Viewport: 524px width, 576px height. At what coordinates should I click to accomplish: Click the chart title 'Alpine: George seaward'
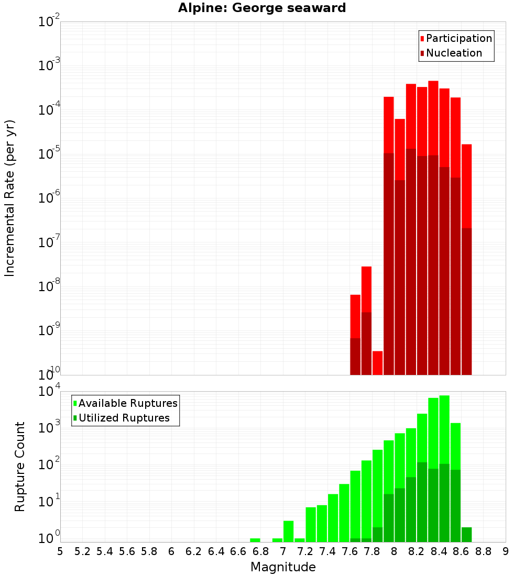(262, 8)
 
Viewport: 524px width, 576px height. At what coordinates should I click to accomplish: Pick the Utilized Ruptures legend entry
(124, 418)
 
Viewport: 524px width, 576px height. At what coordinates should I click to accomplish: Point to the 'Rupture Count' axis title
(20, 466)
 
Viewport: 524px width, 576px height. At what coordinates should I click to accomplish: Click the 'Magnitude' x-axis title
(283, 567)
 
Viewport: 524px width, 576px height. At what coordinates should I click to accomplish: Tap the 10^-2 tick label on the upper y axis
(49, 22)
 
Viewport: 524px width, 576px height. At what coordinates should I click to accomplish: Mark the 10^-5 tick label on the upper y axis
(49, 154)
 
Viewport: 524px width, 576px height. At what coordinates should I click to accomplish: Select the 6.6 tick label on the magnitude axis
(238, 551)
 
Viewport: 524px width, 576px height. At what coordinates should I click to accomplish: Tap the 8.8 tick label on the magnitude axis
(483, 551)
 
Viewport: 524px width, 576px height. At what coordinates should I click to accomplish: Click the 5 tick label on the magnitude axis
(60, 551)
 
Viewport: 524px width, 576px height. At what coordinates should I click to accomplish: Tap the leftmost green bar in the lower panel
(255, 540)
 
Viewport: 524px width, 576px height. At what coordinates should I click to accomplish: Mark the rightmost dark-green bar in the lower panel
(466, 535)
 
